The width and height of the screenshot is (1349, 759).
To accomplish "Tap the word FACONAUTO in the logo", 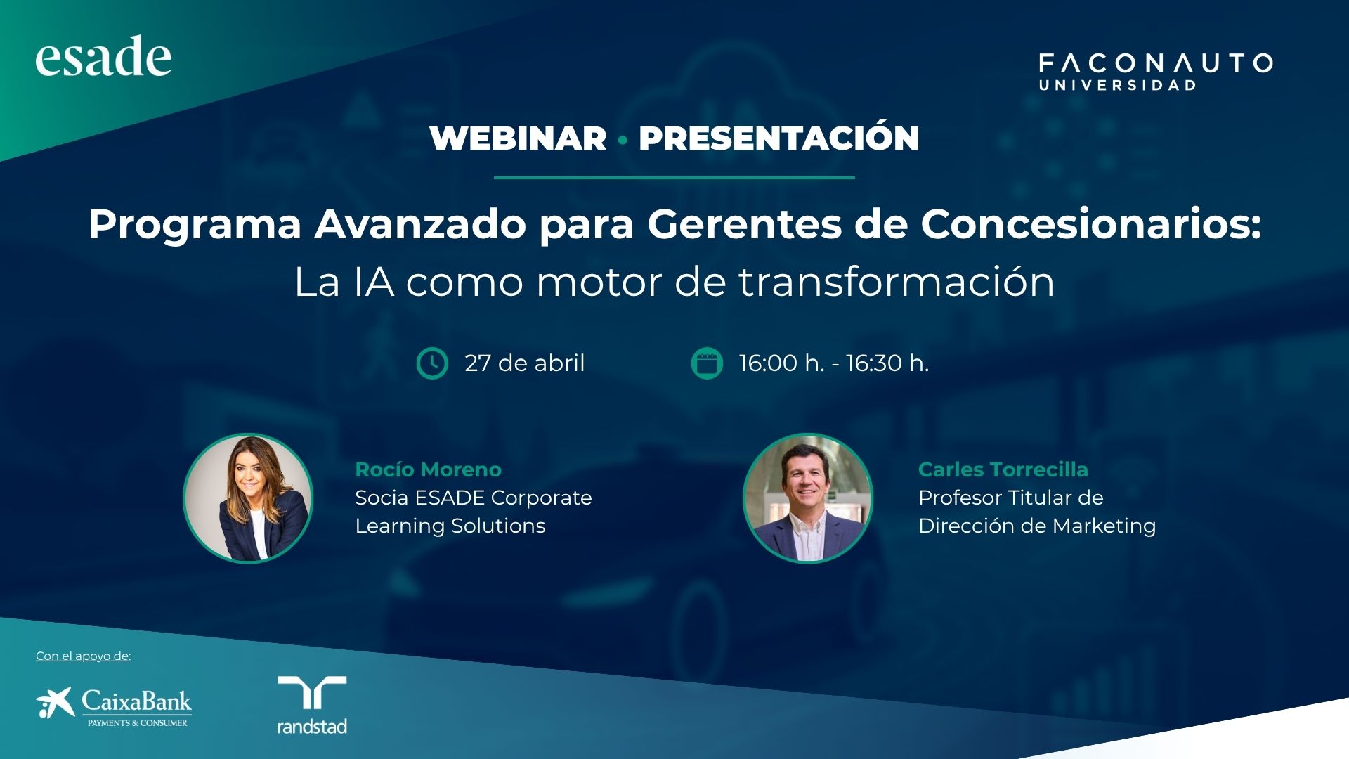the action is click(x=1156, y=63).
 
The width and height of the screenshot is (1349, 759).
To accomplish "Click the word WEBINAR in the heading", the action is click(x=518, y=138).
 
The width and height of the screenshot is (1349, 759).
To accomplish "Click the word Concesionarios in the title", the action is click(x=1091, y=224).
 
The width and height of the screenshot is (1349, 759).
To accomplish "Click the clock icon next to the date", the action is click(x=432, y=363).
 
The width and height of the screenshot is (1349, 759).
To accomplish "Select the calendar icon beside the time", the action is click(x=707, y=363).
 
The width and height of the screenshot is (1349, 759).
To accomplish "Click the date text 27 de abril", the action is click(x=524, y=363).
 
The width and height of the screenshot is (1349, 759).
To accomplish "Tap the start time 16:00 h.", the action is click(x=781, y=363).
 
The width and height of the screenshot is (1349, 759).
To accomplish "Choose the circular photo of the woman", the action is click(x=248, y=498).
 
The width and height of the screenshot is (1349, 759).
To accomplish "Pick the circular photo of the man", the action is click(x=808, y=498).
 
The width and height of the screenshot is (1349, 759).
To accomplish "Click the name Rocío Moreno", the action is click(x=428, y=469).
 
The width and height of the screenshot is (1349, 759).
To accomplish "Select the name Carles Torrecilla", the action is click(x=1003, y=469).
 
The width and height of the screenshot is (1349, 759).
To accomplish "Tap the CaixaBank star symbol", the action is click(x=55, y=703).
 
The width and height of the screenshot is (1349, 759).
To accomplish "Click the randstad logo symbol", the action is click(x=312, y=692).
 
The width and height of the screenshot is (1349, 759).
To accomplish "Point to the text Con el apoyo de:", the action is click(x=83, y=656).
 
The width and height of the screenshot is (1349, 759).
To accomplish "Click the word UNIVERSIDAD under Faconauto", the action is click(x=1117, y=85).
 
